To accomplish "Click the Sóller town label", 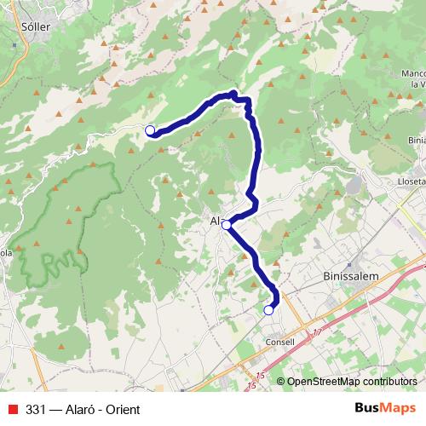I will pos(32,26).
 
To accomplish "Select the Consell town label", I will pos(279,342).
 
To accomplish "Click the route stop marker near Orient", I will pos(150,130).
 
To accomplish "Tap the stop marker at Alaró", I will pos(226,225).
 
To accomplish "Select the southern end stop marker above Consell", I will pos(269,310).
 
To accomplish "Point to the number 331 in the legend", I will pos(36,409).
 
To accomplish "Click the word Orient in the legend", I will pos(122,409).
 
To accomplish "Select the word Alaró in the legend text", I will pos(81,409).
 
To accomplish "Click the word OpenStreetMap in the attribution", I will pos(325,382).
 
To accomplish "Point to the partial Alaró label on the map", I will pos(215,221).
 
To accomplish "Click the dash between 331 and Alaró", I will pos(56,409).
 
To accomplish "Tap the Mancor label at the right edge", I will pos(412,73).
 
